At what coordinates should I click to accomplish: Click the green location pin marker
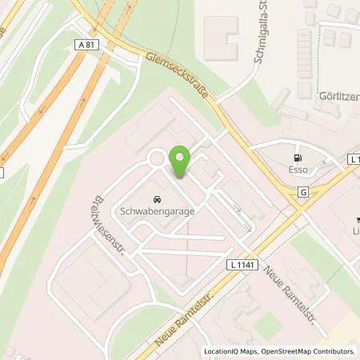pos(179,162)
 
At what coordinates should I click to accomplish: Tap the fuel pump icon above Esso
pos(298,157)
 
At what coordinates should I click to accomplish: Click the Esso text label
pos(298,170)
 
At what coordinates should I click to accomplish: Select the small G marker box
pos(303,192)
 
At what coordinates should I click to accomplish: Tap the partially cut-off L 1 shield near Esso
pos(354,159)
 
